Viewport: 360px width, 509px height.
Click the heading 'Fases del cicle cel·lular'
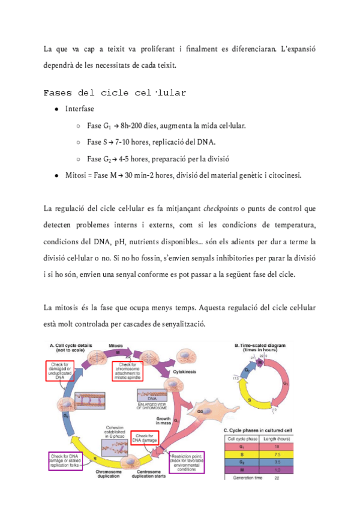[x=115, y=93]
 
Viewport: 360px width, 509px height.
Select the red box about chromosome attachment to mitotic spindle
[x=134, y=372]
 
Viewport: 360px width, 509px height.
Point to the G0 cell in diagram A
[x=201, y=413]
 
